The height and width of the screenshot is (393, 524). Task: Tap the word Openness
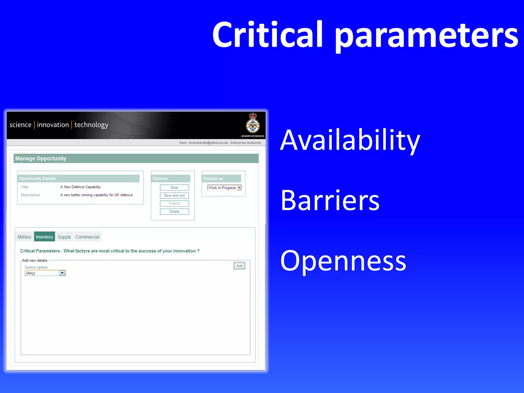(343, 261)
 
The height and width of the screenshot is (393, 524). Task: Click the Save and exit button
(174, 195)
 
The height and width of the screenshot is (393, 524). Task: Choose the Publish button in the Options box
(174, 203)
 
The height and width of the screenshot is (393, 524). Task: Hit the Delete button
(174, 212)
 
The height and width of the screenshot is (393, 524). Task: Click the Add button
(239, 266)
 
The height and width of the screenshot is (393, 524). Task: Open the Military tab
(25, 237)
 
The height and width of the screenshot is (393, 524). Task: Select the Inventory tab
(44, 237)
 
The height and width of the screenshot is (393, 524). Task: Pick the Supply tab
(64, 237)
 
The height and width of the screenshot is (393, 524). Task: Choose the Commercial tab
(88, 237)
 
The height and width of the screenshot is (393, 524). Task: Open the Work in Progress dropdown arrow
(239, 188)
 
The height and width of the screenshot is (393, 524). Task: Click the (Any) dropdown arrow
(62, 273)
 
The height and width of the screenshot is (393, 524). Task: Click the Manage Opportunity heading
(41, 158)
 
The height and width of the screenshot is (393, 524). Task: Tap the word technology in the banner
(91, 125)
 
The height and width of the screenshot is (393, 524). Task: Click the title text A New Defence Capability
(81, 187)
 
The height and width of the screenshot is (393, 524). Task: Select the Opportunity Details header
(37, 178)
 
